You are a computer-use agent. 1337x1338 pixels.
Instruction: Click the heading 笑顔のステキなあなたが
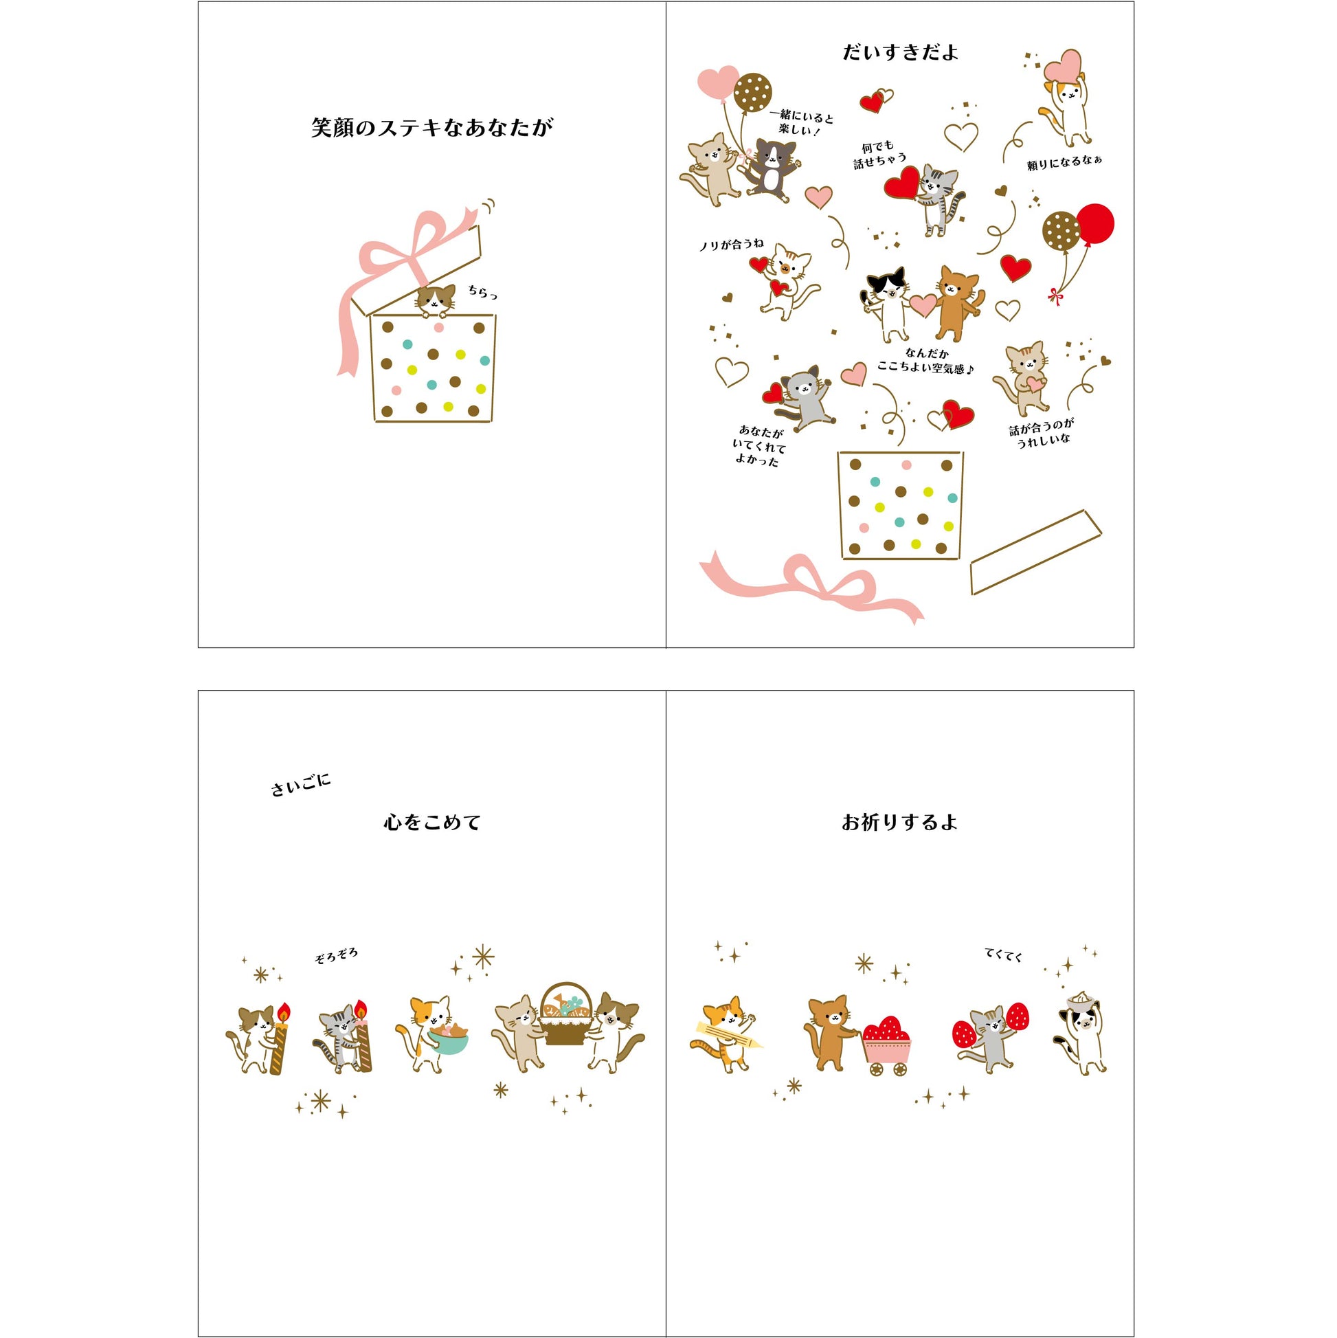(432, 128)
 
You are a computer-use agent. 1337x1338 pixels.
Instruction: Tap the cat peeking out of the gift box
(436, 300)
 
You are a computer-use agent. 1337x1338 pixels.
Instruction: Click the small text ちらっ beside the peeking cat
(482, 292)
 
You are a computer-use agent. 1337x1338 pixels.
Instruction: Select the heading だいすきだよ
(900, 53)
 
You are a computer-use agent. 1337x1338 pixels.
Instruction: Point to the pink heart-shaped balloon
(718, 82)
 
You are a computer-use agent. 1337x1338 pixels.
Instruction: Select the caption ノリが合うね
(731, 244)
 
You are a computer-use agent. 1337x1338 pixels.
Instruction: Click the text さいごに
(300, 785)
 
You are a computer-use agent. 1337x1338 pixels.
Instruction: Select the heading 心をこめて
(432, 822)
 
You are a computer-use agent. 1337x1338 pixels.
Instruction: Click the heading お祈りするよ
(899, 822)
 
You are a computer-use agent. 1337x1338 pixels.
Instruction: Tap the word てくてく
(1003, 955)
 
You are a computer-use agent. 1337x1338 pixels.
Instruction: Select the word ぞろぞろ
(337, 957)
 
